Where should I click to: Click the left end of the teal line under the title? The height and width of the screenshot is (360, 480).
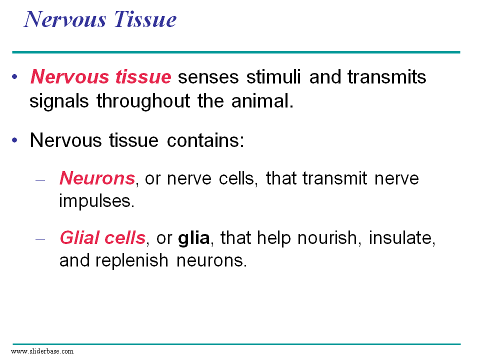click(x=12, y=52)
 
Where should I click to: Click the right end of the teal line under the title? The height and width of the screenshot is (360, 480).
click(x=460, y=52)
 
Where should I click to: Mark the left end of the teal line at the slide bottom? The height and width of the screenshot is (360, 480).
click(x=13, y=344)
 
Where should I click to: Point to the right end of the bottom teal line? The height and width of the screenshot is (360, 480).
click(x=460, y=344)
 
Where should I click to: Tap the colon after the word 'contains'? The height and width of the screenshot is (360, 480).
click(x=241, y=141)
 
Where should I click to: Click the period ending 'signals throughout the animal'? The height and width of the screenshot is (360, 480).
click(x=291, y=106)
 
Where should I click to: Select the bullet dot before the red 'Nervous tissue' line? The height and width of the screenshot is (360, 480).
click(x=14, y=76)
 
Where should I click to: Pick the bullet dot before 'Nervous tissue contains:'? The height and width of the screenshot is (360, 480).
click(x=14, y=140)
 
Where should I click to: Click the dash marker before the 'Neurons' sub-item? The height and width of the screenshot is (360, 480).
click(x=40, y=180)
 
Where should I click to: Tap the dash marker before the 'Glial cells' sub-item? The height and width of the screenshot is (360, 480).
click(x=40, y=239)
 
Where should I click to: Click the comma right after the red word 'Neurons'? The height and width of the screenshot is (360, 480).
click(x=137, y=184)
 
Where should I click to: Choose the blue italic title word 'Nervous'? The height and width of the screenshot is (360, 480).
click(x=65, y=19)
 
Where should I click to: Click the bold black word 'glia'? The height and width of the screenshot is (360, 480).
click(x=194, y=238)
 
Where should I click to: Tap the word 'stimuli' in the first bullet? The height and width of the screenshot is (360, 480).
click(x=273, y=76)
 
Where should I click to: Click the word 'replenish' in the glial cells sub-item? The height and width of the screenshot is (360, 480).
click(x=132, y=260)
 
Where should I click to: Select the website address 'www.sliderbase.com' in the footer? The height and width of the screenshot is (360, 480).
click(x=42, y=351)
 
